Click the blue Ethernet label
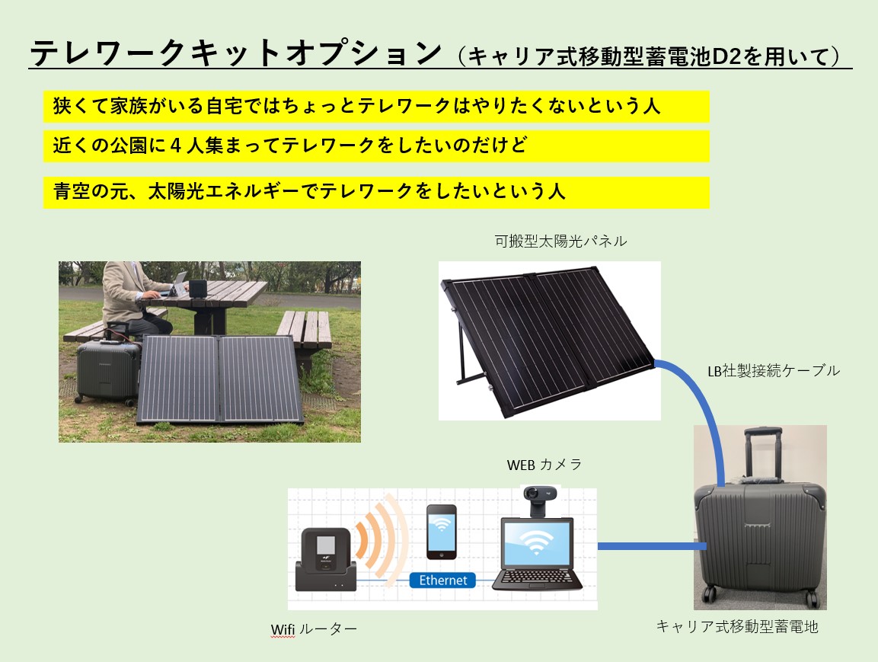tap(442, 580)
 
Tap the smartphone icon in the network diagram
tap(441, 532)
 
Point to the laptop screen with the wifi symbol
tap(537, 543)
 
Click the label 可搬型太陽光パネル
tap(560, 241)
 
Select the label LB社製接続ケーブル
tap(774, 371)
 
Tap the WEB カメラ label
tap(544, 465)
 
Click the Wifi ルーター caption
tap(314, 629)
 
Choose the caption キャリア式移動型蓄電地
tap(737, 626)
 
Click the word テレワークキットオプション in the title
tap(236, 53)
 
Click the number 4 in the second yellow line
tap(175, 146)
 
